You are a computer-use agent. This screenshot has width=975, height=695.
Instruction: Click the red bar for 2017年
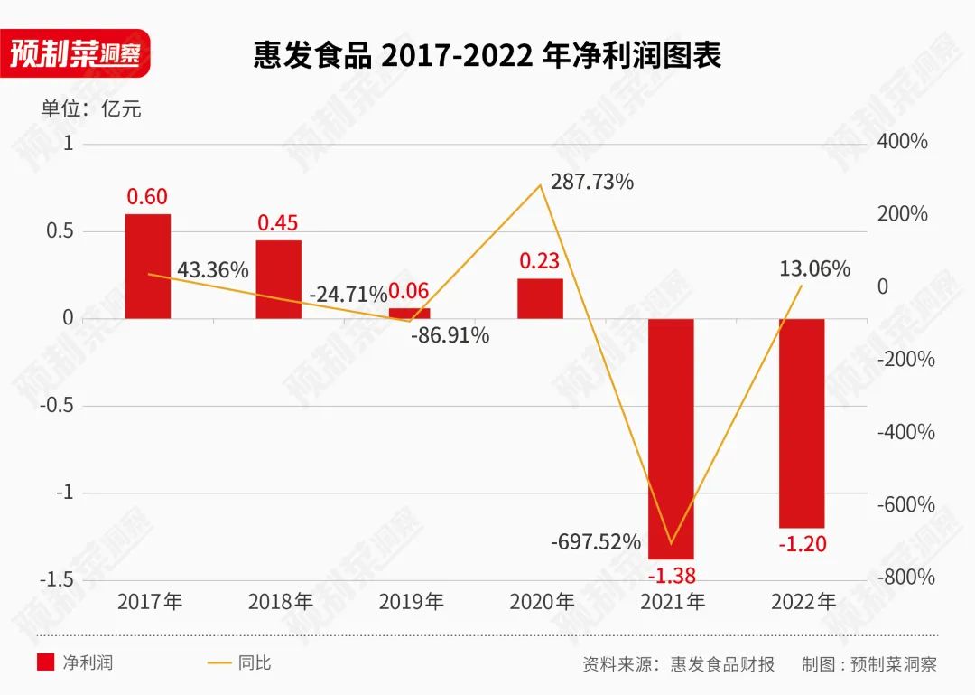coord(148,266)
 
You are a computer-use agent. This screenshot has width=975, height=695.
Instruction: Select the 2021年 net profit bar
coord(671,438)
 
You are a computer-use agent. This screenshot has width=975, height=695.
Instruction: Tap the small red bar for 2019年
coord(409,313)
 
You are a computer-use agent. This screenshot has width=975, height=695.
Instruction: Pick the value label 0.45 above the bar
coord(278,222)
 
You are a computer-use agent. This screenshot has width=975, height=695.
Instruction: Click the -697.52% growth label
coord(596,542)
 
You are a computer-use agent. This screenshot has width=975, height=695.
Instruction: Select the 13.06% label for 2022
coord(815,268)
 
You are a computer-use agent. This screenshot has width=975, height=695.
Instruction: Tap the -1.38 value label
coord(672,575)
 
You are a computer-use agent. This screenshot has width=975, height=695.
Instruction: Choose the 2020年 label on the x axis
coord(542,601)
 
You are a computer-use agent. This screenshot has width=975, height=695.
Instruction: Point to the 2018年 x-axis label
coord(280,601)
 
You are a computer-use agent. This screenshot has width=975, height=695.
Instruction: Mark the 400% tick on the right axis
coord(902,142)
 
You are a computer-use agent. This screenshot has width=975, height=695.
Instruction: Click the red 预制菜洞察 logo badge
coord(74,53)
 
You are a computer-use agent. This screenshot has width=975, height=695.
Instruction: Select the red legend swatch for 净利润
coord(46,662)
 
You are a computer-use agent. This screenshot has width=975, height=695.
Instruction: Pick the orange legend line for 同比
coord(218,662)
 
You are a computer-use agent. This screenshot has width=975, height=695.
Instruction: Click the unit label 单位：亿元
coord(91,109)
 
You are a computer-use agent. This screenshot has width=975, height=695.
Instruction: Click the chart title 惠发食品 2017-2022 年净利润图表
coord(487,56)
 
